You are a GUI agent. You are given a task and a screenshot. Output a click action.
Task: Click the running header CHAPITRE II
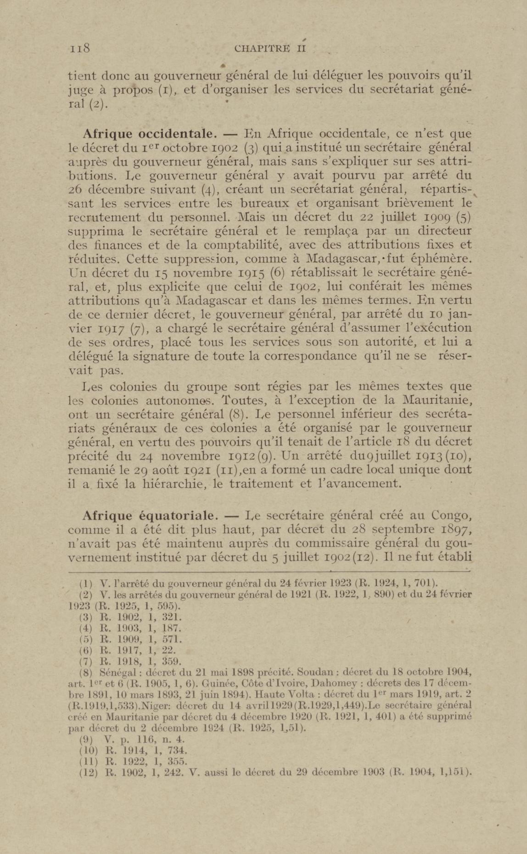pyautogui.click(x=270, y=48)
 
